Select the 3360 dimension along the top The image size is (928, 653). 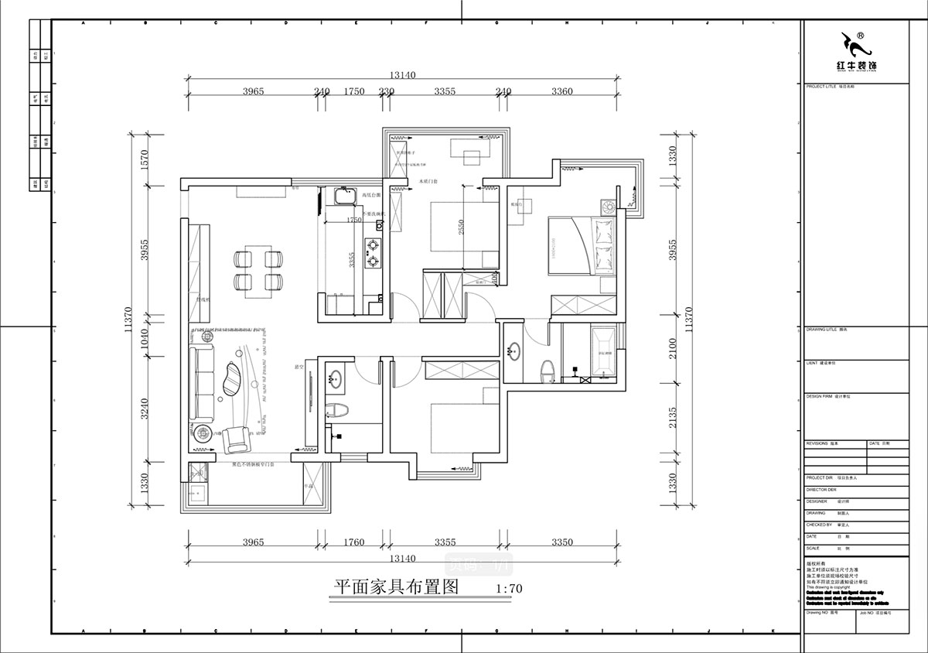tap(562, 91)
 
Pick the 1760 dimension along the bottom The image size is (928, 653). tap(352, 542)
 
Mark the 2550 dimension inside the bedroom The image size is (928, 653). tap(461, 227)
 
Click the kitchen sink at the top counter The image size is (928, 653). tap(341, 199)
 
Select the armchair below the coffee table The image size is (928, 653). tap(237, 439)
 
